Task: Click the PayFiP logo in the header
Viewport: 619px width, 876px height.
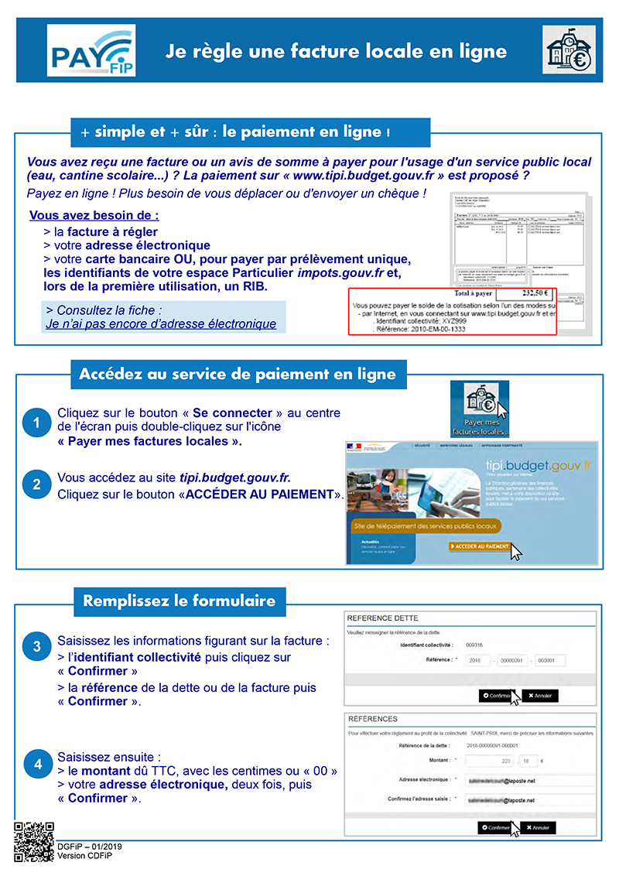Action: click(91, 50)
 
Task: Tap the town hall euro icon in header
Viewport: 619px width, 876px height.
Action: click(569, 50)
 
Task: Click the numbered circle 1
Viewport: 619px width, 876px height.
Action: click(36, 423)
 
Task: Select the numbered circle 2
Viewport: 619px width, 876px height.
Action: click(36, 485)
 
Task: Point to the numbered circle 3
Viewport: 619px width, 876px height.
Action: click(36, 645)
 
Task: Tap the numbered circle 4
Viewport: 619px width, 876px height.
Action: click(36, 764)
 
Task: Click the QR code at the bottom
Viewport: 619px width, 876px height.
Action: click(33, 841)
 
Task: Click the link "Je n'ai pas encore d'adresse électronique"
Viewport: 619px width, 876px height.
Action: click(161, 324)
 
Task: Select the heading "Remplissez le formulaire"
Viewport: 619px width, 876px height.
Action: click(179, 601)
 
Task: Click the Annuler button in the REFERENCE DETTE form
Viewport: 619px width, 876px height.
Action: click(540, 696)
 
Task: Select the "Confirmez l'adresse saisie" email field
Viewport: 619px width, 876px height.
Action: click(526, 799)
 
